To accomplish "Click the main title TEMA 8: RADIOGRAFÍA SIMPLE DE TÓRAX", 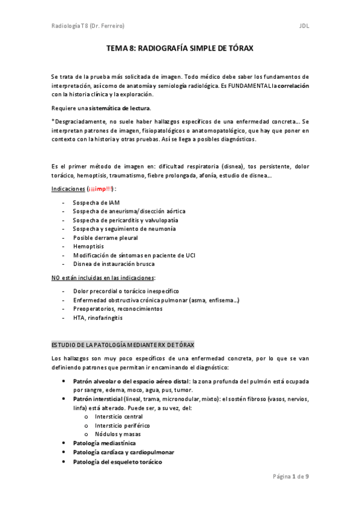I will (180, 52).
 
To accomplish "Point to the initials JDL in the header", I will (304, 26).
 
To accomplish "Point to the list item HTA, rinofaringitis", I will (97, 317).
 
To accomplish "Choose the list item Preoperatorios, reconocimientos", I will (117, 309).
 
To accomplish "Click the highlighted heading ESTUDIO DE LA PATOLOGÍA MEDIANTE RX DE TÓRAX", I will (123, 344).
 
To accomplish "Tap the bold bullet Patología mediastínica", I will (104, 443).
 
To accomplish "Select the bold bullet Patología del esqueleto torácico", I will (117, 461).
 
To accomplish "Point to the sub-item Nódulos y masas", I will (119, 434).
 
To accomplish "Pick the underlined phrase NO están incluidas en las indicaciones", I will (103, 277).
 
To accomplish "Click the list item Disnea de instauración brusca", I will (114, 264).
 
